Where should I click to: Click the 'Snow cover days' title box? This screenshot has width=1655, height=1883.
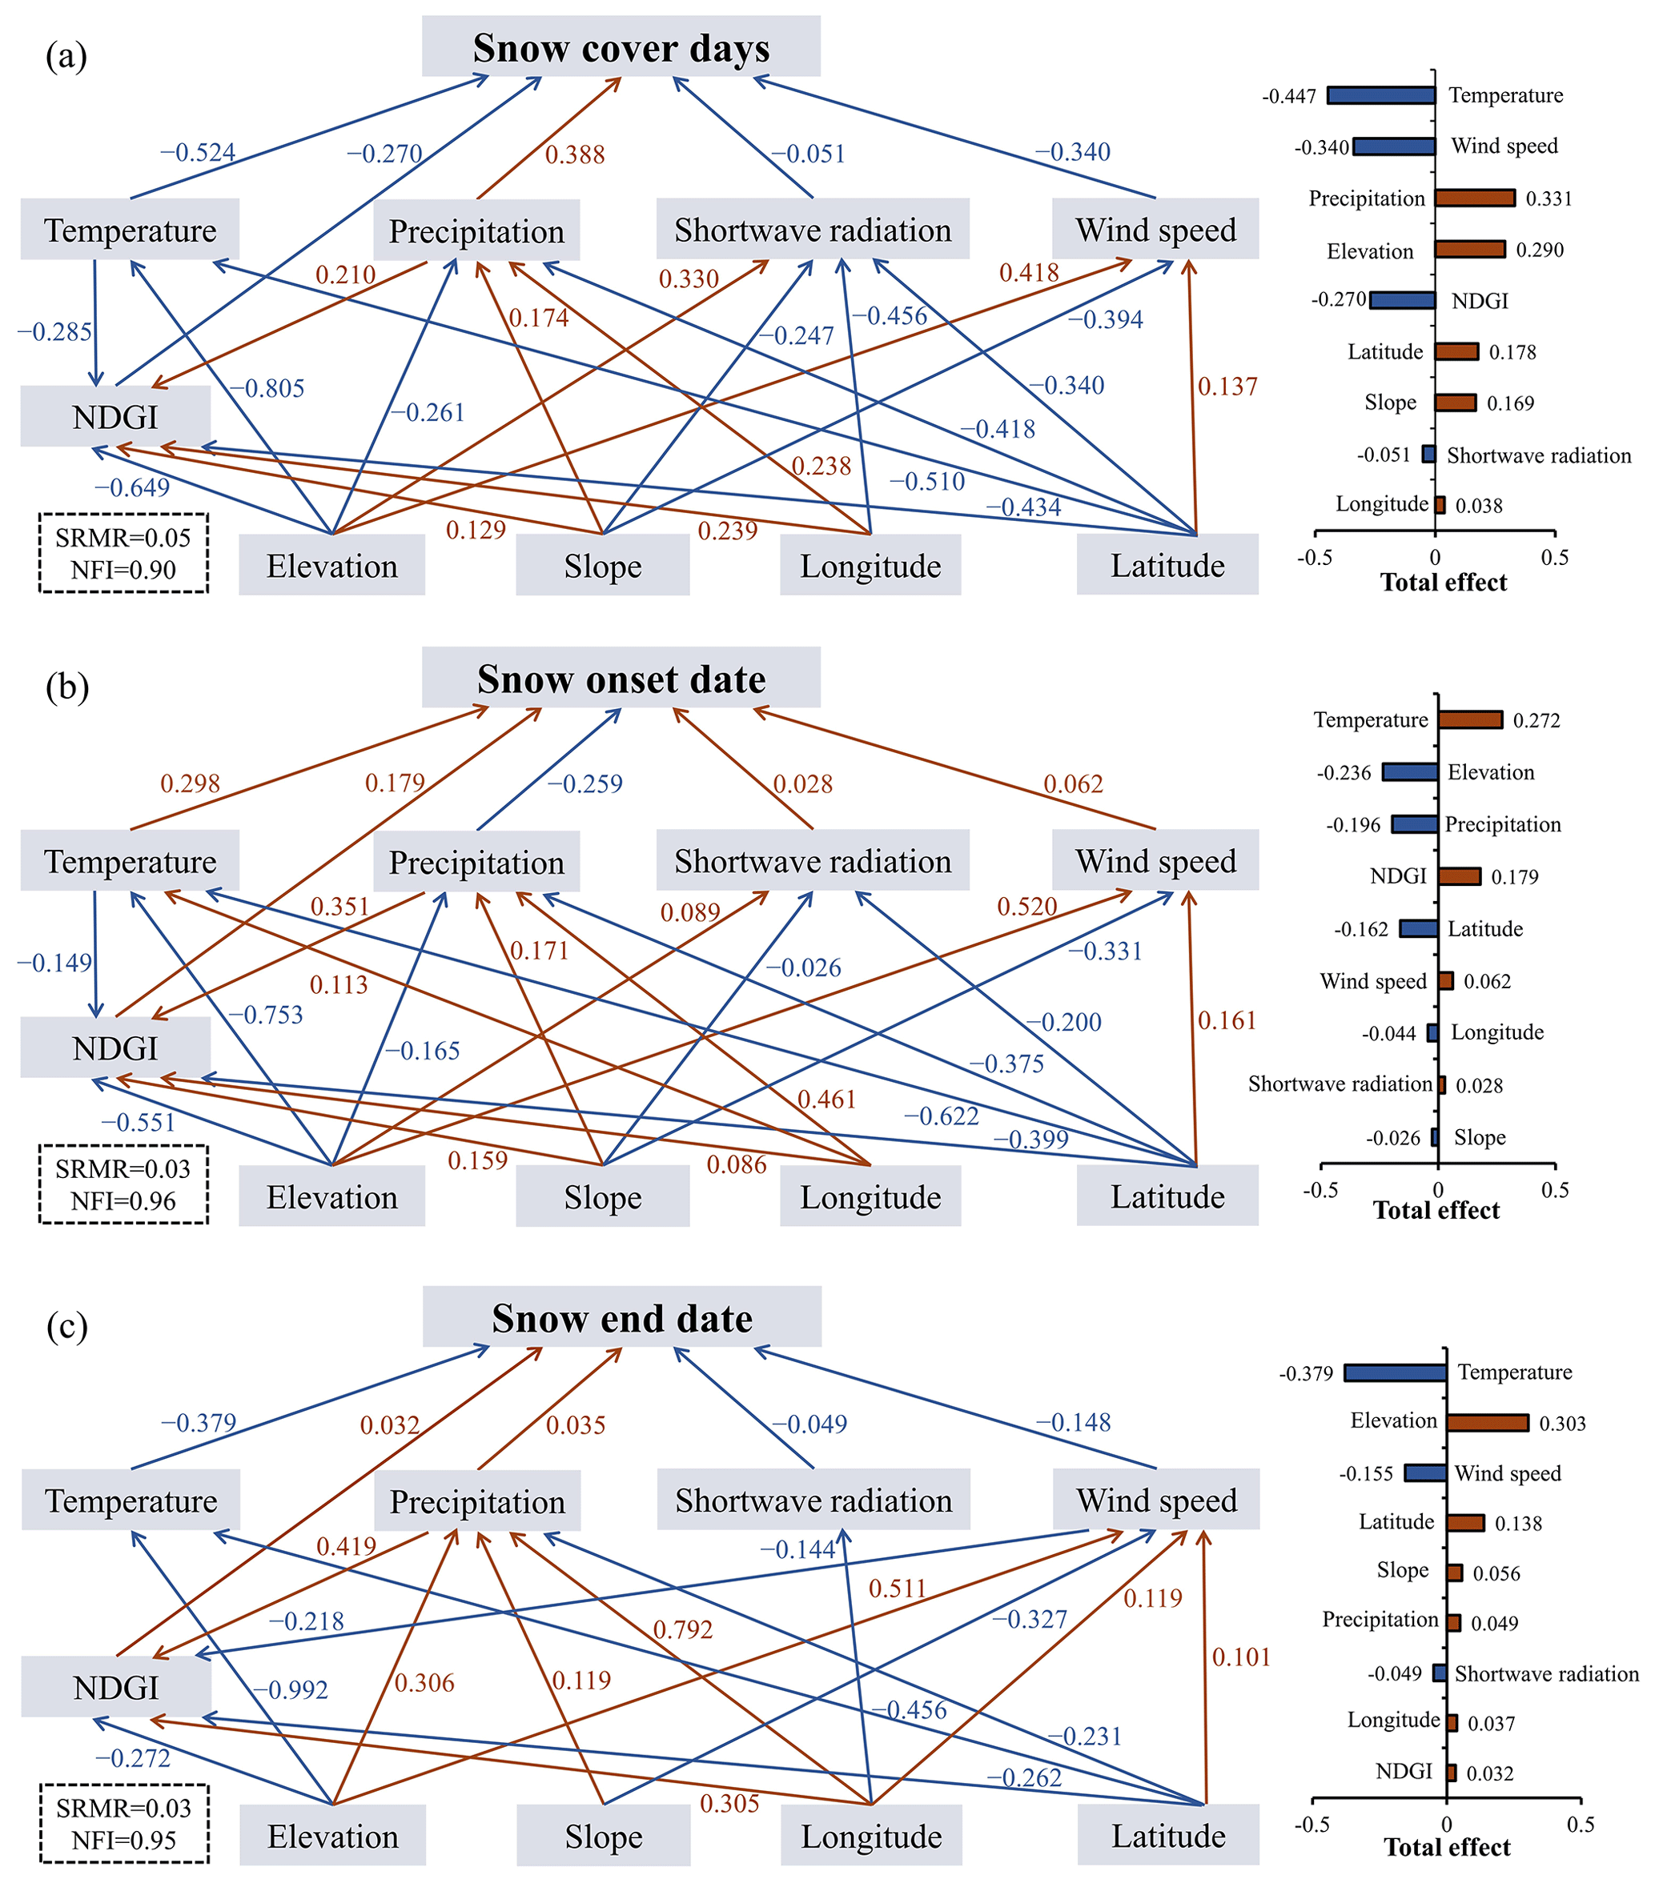pos(621,47)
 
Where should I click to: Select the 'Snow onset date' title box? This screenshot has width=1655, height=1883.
pos(621,678)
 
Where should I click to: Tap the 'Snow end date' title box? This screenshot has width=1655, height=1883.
pos(621,1317)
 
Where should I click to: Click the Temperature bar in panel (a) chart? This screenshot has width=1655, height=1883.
pos(1380,95)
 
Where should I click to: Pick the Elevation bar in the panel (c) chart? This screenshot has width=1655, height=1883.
pos(1488,1422)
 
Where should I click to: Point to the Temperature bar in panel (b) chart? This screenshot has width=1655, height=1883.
pos(1470,719)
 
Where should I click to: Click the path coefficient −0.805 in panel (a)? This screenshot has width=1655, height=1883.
pos(267,388)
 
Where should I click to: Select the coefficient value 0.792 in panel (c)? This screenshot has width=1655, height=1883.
pos(683,1629)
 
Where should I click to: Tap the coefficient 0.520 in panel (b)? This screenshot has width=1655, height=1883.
pos(1026,907)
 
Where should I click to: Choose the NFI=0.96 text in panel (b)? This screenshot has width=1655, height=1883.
pos(123,1200)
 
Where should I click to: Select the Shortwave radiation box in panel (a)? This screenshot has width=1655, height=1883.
pos(812,230)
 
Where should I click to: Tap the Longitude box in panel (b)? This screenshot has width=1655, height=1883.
pos(870,1196)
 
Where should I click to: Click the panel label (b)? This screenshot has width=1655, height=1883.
pos(67,687)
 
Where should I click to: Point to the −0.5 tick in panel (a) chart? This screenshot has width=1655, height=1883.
pos(1314,557)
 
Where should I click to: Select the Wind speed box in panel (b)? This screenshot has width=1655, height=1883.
pos(1155,860)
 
